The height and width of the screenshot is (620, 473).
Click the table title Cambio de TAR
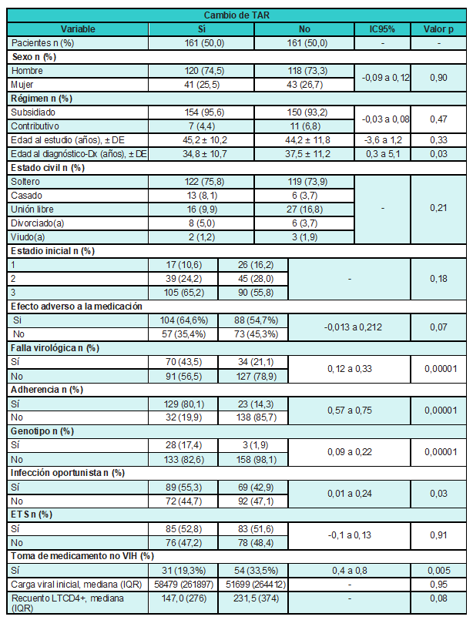tap(236, 15)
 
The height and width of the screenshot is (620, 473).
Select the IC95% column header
tap(382, 28)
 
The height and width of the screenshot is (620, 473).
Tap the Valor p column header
tap(438, 28)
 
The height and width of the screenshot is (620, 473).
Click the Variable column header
tap(78, 28)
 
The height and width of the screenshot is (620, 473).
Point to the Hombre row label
tap(28, 70)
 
